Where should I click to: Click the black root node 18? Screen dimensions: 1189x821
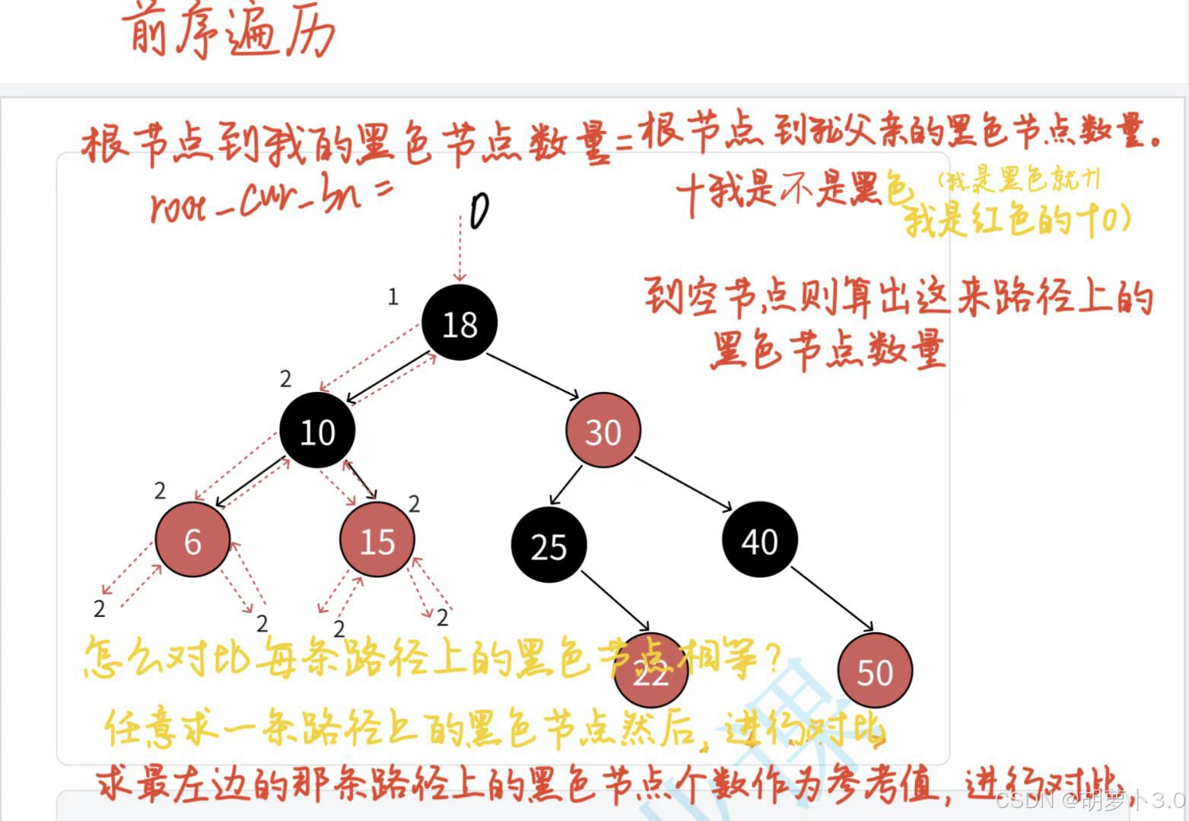[x=459, y=323]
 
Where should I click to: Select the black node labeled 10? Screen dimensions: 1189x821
[x=317, y=431]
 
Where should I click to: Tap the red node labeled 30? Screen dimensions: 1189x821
[x=602, y=431]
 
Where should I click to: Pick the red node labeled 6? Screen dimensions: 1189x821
[x=192, y=540]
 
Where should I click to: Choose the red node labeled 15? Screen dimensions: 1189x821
[x=377, y=540]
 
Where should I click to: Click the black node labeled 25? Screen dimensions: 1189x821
[x=548, y=546]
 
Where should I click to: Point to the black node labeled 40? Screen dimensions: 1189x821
[x=759, y=540]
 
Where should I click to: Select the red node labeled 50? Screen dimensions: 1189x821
[x=875, y=671]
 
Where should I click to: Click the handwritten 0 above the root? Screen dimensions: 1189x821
[x=478, y=211]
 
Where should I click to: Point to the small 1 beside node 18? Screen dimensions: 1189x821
[x=393, y=297]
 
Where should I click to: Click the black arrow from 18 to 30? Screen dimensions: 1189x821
[x=533, y=375]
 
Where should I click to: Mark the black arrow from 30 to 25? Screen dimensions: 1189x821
[x=565, y=485]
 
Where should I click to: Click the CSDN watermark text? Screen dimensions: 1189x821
[x=1088, y=800]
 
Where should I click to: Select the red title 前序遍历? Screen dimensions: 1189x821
[x=228, y=32]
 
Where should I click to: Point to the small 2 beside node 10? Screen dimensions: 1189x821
[x=285, y=378]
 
